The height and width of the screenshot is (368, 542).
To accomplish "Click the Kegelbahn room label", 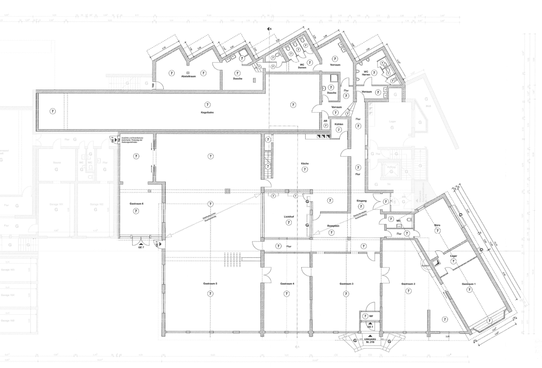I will pos(207,113).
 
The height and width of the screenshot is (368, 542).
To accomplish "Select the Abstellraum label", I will pos(188,76).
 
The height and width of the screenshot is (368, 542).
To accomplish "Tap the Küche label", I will pos(305,163).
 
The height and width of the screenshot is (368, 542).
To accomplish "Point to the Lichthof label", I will pos(288,217).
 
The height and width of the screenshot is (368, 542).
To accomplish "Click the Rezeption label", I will pos(333,226).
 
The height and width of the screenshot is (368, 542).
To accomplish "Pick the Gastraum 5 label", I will pos(210,284).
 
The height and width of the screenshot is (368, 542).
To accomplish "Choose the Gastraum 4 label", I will pos(287,284).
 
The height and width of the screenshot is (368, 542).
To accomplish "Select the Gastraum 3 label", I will pos(346,284).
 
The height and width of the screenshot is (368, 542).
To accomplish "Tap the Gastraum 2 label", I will pos(408,284).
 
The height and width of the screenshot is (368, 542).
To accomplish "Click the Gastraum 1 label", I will pos(469,284).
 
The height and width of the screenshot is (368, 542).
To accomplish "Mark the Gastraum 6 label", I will pos(136,204).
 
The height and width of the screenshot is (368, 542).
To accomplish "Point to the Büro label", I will pos(437,225).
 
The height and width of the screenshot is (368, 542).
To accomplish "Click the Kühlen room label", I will pos(339,124).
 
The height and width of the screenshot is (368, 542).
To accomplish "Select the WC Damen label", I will pos(302,66).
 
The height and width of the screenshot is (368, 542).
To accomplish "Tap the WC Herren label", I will pos(365,73).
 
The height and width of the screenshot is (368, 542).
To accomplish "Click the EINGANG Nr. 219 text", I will pos(370,341).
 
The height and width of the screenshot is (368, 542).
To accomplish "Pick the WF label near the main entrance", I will pos(371,316).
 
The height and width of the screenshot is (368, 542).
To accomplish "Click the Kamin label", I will pos(425,266).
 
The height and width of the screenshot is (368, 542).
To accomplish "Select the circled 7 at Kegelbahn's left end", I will pos(52,111).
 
